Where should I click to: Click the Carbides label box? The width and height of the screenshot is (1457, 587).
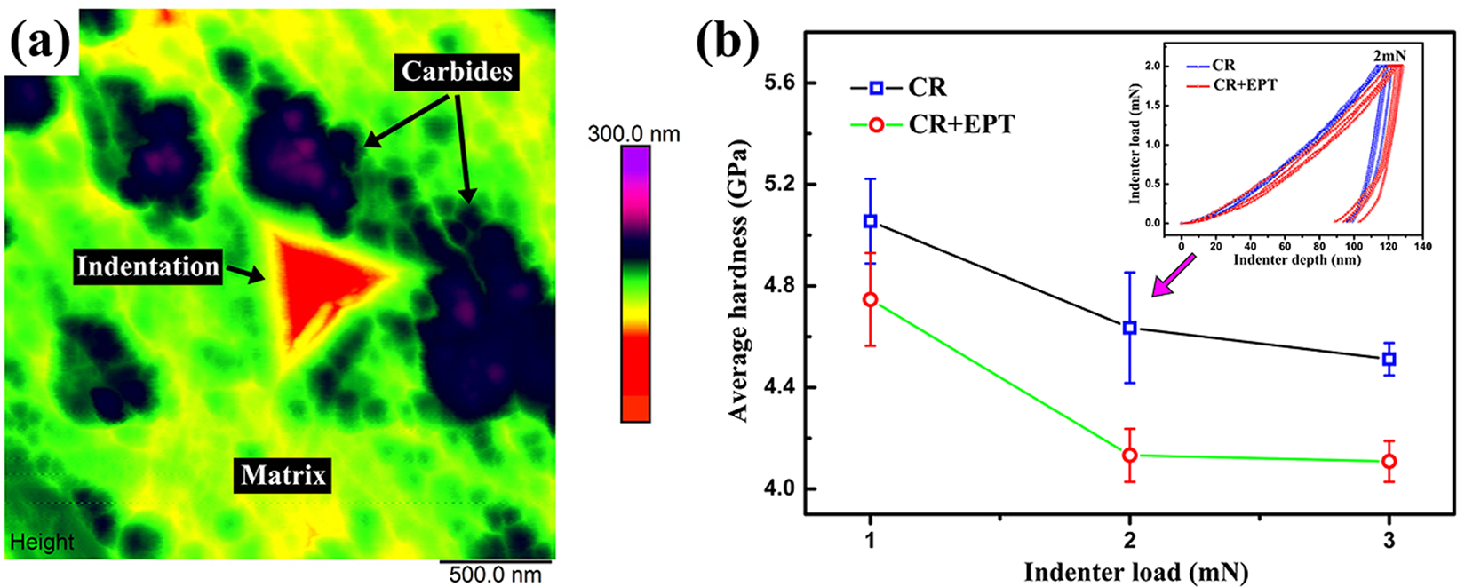[458, 71]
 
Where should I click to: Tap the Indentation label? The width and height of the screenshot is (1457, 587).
[148, 266]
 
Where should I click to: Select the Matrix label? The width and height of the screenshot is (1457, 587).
[283, 476]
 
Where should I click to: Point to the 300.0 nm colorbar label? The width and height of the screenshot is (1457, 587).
[633, 134]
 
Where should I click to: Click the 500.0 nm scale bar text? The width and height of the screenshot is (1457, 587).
[495, 574]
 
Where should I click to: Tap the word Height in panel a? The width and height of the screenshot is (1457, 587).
[42, 542]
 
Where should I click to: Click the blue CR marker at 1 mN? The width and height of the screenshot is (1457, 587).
[871, 221]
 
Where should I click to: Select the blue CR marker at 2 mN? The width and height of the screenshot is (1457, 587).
[1130, 328]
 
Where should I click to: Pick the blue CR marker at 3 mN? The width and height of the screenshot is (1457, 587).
[1389, 359]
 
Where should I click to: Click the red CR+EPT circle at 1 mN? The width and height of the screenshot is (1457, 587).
[871, 300]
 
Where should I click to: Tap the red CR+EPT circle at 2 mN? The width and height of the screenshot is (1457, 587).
[1130, 456]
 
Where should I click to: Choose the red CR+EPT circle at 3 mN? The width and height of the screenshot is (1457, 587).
[1389, 461]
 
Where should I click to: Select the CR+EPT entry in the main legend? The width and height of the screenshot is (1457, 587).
[959, 124]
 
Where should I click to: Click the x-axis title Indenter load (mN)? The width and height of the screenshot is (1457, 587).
[1135, 572]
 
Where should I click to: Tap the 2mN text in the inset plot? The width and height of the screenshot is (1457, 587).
[1389, 56]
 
